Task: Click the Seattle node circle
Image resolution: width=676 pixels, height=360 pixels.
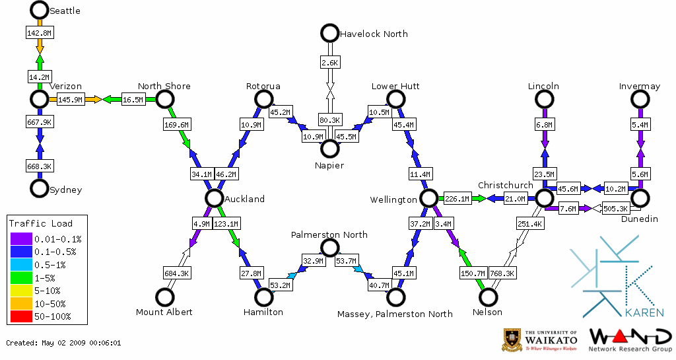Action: click(40, 10)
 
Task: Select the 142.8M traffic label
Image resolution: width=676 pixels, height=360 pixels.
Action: click(40, 32)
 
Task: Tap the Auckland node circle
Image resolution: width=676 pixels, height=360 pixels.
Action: click(213, 198)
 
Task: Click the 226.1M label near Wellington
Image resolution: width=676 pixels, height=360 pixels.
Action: click(457, 198)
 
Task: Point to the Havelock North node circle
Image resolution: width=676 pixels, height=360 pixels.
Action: click(329, 33)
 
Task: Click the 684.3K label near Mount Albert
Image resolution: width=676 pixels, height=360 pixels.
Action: click(176, 272)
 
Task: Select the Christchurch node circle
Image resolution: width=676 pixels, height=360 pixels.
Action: click(544, 198)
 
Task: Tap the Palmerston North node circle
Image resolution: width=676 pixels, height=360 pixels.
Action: click(329, 248)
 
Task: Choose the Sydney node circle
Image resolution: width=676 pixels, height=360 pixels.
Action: click(40, 188)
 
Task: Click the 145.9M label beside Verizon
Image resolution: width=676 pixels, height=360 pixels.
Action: click(70, 100)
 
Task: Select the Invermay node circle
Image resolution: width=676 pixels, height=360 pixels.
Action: click(639, 99)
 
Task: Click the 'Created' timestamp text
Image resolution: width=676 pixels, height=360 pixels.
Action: click(63, 343)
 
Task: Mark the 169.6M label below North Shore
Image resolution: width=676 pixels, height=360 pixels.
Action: click(176, 124)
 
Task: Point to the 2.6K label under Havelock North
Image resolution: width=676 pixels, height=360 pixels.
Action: click(329, 63)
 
